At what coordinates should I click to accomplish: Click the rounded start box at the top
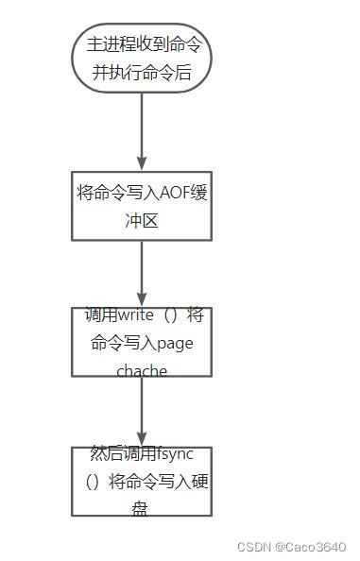[142, 59]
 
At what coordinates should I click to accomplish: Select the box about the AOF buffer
[142, 207]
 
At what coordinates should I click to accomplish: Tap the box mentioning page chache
[142, 343]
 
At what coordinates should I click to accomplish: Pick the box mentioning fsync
[142, 481]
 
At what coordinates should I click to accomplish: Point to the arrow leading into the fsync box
[142, 410]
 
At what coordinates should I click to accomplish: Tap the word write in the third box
[141, 315]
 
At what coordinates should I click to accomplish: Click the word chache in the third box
[142, 370]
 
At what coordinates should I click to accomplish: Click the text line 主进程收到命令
[142, 44]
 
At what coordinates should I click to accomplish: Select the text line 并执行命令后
[142, 72]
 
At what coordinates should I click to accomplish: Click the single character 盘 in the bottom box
[142, 508]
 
